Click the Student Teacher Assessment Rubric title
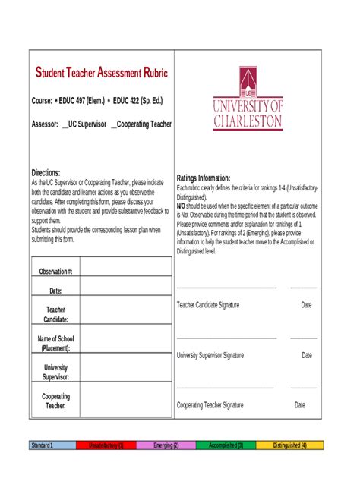pos(102,73)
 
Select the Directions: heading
pos(46,172)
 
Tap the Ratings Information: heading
pos(209,178)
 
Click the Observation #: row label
pos(55,271)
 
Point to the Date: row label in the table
pos(55,291)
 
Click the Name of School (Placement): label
pos(55,343)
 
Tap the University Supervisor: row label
pos(55,372)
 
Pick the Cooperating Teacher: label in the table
pos(55,401)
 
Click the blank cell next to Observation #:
pos(125,269)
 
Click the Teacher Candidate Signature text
pos(208,304)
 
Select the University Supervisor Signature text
pos(210,354)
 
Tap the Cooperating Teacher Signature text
pos(210,405)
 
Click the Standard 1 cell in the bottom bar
pos(41,445)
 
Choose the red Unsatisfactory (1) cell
pos(106,445)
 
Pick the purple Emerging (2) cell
pos(166,445)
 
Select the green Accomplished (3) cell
pos(226,445)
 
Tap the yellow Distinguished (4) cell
pos(289,445)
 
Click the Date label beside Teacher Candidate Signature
pos(306,304)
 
